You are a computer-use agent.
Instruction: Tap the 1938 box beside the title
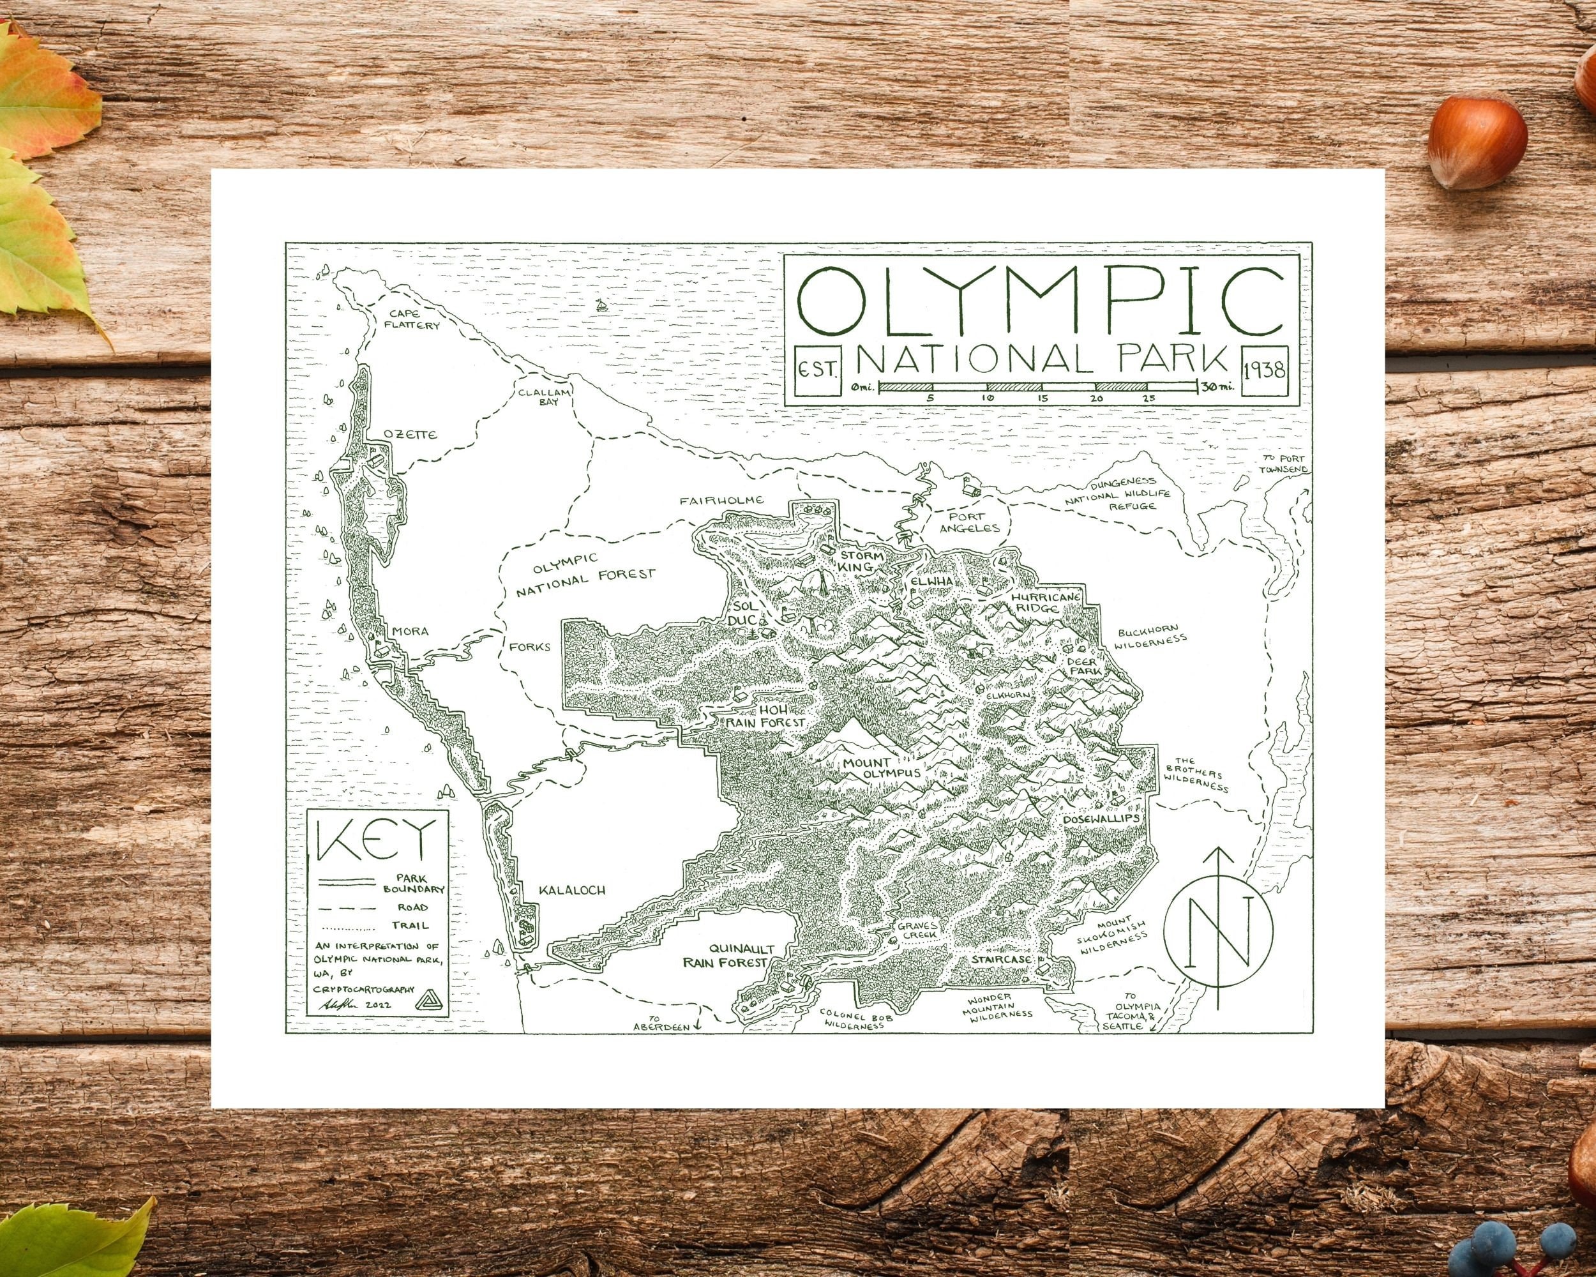(1265, 370)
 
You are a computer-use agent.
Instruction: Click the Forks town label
(531, 646)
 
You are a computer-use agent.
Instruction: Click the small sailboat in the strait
(603, 305)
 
